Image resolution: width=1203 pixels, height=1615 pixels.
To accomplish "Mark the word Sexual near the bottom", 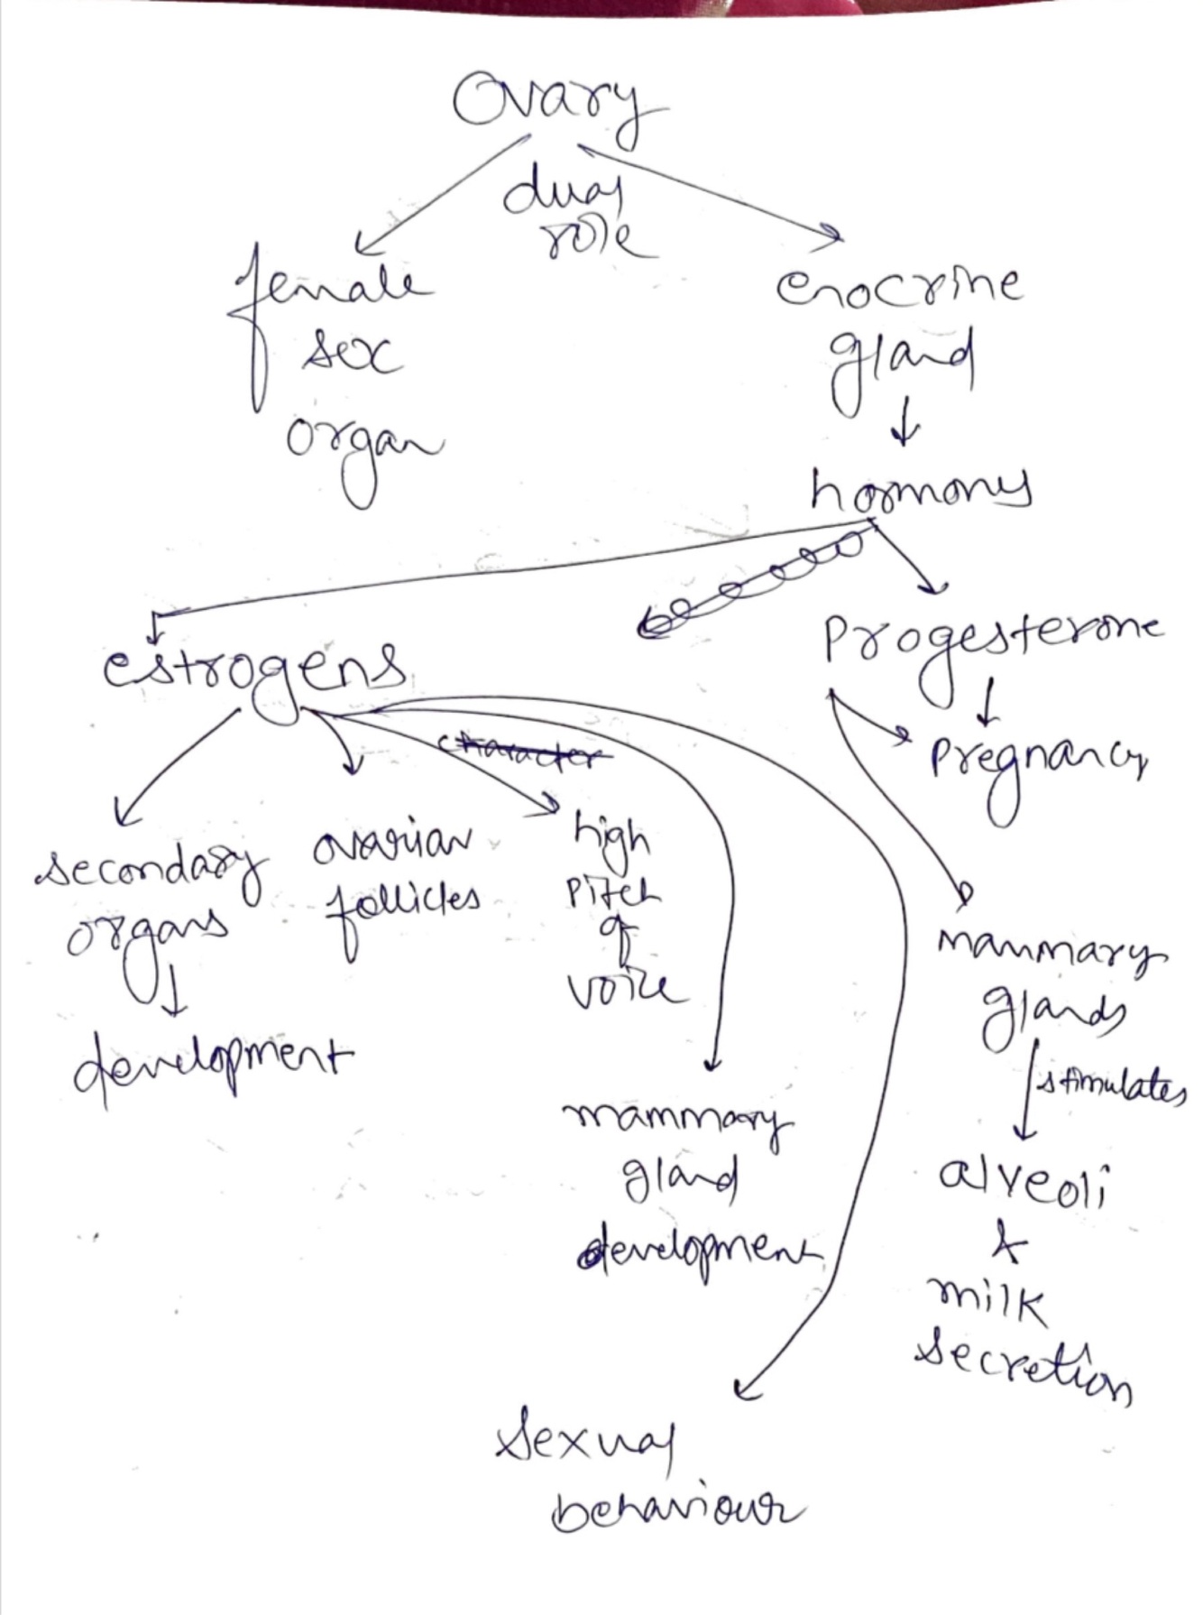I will tap(586, 1441).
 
